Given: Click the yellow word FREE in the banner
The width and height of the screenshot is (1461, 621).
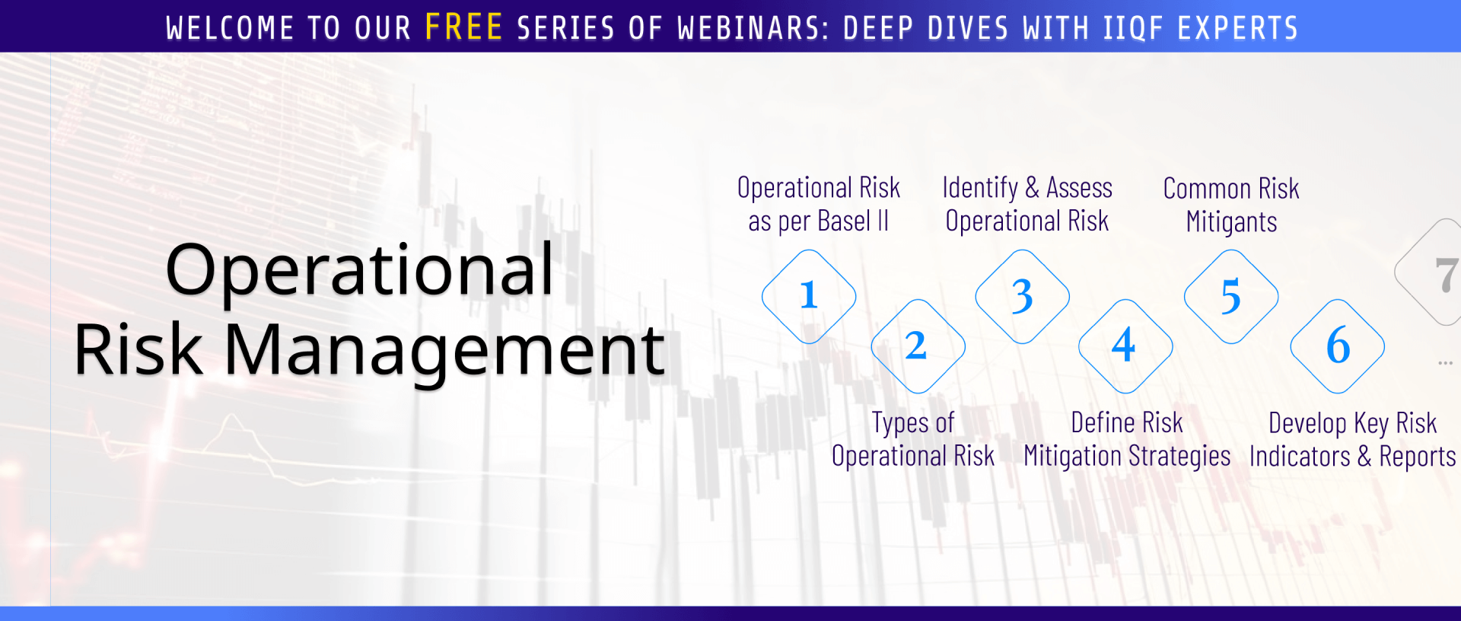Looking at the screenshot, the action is click(463, 27).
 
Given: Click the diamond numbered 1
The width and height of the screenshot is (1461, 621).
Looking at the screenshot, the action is click(809, 296).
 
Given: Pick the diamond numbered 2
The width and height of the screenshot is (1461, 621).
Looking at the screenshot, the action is click(918, 346).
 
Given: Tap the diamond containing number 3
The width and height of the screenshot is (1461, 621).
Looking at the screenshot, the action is click(1022, 296).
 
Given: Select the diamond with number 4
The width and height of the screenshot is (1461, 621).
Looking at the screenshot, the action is click(1125, 346).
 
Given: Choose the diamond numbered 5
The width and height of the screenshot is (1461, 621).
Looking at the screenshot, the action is click(1231, 296).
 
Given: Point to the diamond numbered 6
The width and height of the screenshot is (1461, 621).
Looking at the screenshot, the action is click(1338, 346).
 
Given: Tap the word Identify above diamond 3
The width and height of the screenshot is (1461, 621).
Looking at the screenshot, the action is click(980, 188).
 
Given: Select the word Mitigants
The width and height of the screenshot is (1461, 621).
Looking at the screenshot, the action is click(1231, 222).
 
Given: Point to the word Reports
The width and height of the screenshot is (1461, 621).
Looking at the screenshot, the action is click(1418, 457).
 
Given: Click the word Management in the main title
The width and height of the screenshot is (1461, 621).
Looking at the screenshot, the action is click(444, 352).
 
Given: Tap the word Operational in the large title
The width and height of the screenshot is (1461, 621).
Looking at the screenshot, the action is click(359, 271).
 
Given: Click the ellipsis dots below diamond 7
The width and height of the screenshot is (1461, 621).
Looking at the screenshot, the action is click(1445, 363).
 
